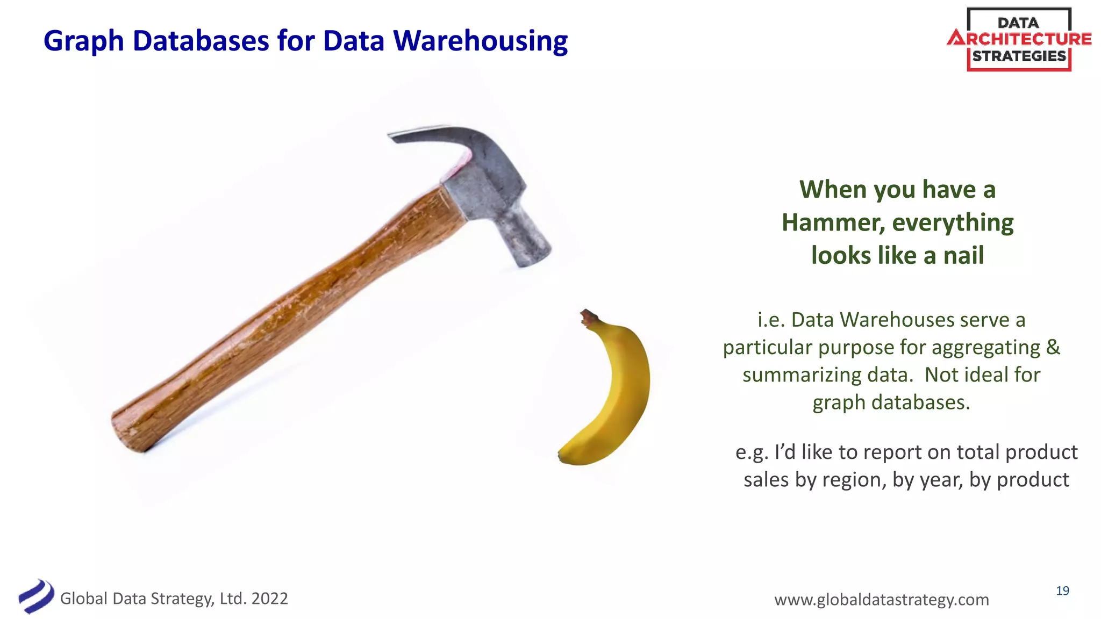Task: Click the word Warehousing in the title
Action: click(x=480, y=41)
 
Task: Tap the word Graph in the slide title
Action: click(x=83, y=42)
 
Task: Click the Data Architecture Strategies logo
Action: click(x=1019, y=39)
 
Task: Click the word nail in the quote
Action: click(x=963, y=255)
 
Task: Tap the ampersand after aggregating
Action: click(x=1053, y=347)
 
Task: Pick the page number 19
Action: click(x=1062, y=591)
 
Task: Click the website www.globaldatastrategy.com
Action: click(x=881, y=599)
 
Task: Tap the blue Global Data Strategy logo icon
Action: click(x=36, y=596)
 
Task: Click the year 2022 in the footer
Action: click(x=269, y=599)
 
